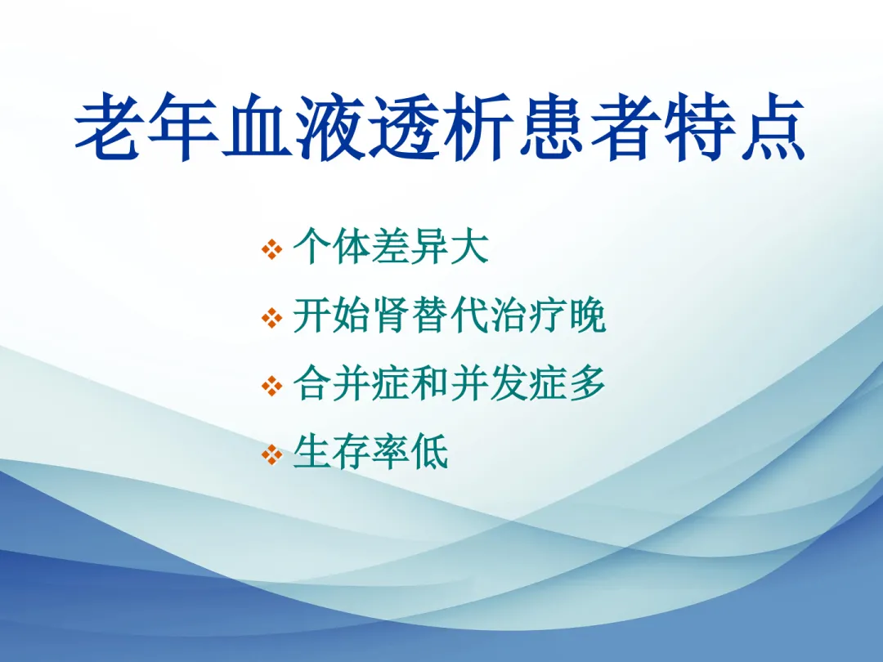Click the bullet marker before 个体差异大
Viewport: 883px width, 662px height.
coord(272,249)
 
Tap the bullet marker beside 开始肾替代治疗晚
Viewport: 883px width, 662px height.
coord(272,318)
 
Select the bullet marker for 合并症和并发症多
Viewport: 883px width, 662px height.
coord(272,386)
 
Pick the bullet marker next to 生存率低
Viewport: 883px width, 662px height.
coord(272,455)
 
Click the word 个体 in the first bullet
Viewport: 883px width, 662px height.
coord(332,247)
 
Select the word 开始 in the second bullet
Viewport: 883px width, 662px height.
coord(332,315)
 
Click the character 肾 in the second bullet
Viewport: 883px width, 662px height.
coord(390,315)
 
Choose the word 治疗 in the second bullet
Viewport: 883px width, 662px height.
coord(527,315)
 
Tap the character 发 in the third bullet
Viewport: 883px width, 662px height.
coord(508,383)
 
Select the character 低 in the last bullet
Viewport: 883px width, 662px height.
coord(430,452)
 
